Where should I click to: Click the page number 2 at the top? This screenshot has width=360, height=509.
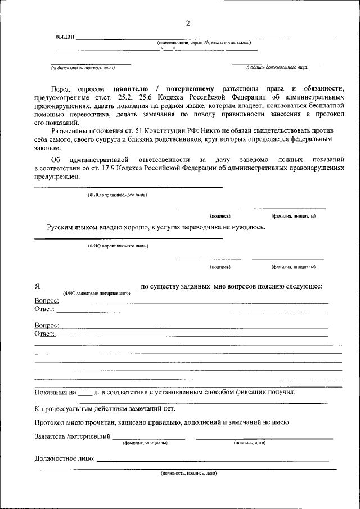(x=188, y=23)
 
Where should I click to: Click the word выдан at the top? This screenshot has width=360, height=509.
(x=65, y=37)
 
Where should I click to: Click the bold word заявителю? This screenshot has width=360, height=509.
(x=130, y=89)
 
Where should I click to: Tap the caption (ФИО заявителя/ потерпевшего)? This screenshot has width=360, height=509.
(x=97, y=293)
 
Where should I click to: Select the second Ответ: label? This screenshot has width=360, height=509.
(x=44, y=334)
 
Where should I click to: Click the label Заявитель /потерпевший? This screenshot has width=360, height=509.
(x=72, y=436)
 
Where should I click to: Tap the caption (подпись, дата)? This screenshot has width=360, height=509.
(x=249, y=443)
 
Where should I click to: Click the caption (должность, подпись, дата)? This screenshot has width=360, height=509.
(x=188, y=473)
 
